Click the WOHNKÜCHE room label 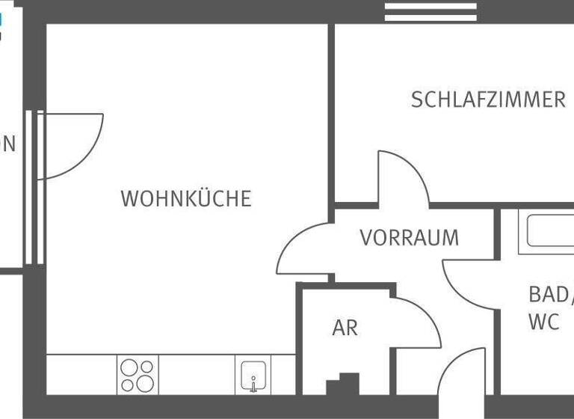[186, 199]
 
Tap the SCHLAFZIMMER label [488, 100]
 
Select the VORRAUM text [409, 238]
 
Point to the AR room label [345, 328]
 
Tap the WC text [543, 322]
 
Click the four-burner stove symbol [138, 375]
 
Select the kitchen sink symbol [253, 374]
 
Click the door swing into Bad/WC [467, 284]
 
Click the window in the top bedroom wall [430, 11]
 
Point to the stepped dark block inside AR [344, 385]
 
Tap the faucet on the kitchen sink [253, 384]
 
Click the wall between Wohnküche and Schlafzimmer [330, 112]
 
